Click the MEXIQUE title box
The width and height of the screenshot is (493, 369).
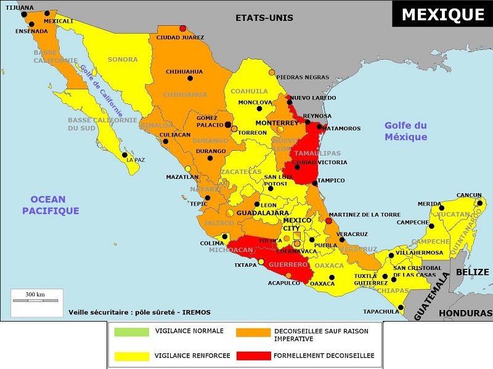(x=442, y=14)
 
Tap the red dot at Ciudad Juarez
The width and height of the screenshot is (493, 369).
(x=182, y=28)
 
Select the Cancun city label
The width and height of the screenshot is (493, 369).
(x=469, y=196)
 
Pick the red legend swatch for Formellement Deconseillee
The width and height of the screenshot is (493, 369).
(x=253, y=355)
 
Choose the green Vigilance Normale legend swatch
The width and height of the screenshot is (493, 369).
(x=131, y=332)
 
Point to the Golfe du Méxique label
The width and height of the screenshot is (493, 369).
(x=405, y=131)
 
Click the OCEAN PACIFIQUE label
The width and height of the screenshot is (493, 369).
(x=51, y=205)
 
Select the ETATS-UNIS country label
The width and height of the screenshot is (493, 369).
(x=264, y=18)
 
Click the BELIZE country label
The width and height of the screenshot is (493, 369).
(x=473, y=272)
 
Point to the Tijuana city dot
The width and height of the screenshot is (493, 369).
(x=24, y=14)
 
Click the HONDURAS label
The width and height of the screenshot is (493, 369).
(x=465, y=313)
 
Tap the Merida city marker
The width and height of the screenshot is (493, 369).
(x=440, y=205)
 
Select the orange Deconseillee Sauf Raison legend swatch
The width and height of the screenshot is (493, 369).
(x=253, y=332)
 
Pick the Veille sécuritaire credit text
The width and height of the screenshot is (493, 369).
(x=139, y=312)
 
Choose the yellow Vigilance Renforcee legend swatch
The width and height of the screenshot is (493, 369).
(x=131, y=355)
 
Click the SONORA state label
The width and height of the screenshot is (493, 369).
(x=123, y=60)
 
